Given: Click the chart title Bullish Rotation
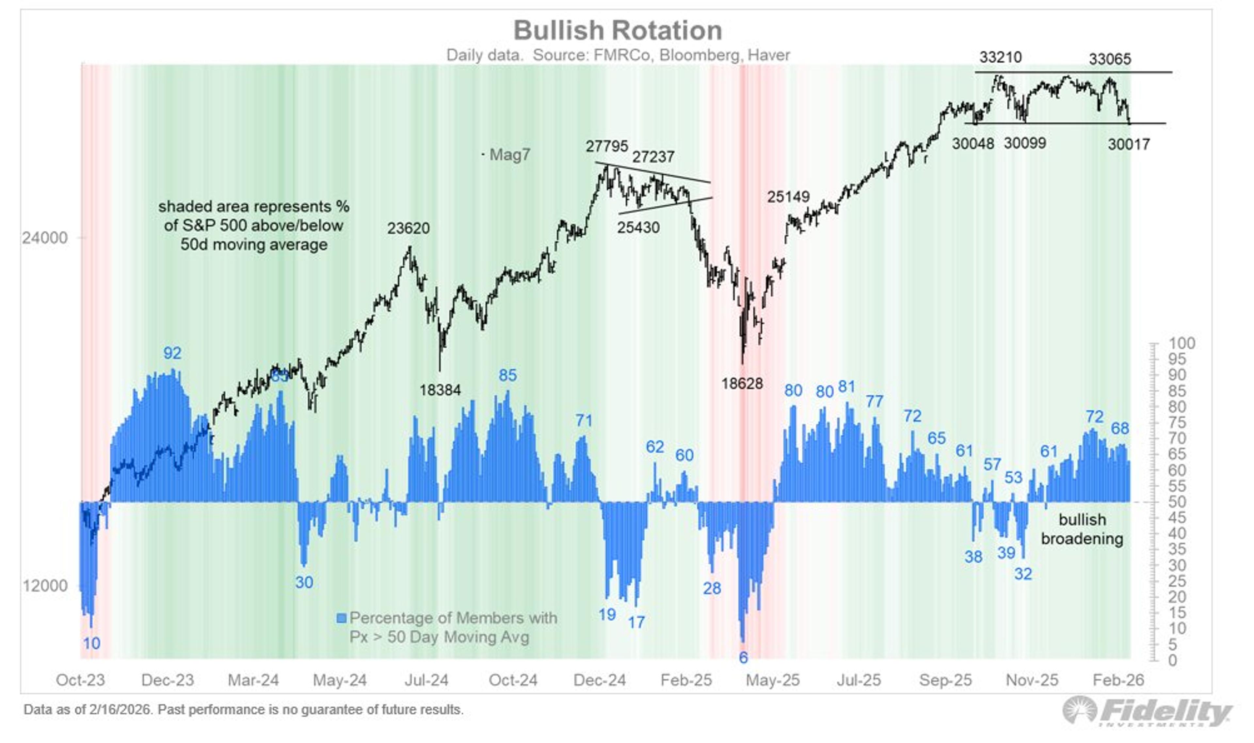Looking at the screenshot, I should tap(618, 31).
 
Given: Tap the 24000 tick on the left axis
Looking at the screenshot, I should tap(44, 238).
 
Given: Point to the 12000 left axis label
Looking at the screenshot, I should tap(44, 585).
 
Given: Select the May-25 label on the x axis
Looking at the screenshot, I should tap(772, 680).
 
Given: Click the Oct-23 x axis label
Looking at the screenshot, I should tap(80, 680).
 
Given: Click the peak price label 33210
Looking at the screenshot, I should tap(1000, 57).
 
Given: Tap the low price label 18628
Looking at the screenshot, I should tap(742, 384).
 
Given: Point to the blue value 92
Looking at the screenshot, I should tap(172, 354).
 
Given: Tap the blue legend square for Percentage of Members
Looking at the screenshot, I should tap(342, 618).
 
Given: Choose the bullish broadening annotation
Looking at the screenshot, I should tap(1082, 529).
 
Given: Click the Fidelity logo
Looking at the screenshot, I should tap(1147, 711).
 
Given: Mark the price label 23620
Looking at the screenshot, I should tap(408, 228).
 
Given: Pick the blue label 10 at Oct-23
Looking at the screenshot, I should tap(92, 644).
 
